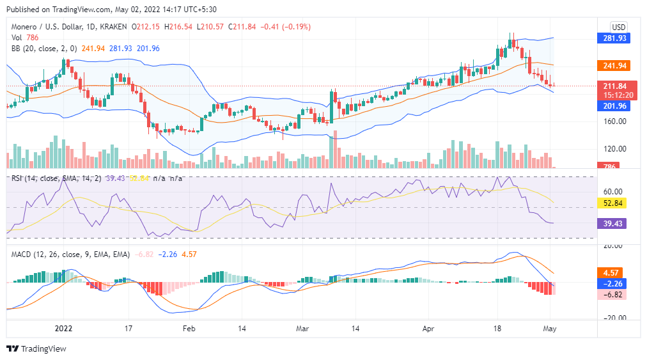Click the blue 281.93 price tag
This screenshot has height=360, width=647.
[612, 38]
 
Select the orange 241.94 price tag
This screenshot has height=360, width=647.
[612, 65]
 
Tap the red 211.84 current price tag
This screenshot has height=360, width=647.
[612, 86]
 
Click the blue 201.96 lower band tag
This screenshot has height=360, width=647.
[612, 106]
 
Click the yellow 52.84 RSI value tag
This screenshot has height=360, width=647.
[612, 203]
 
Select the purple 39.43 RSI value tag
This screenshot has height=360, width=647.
[612, 223]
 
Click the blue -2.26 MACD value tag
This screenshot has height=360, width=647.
[612, 283]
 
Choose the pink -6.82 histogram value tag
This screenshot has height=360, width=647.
[612, 295]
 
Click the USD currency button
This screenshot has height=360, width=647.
[618, 27]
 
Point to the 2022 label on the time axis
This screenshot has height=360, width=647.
[63, 328]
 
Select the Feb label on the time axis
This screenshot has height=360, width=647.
[188, 328]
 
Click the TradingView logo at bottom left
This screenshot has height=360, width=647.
[36, 348]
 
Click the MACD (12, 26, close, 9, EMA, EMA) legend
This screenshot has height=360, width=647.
[70, 254]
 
